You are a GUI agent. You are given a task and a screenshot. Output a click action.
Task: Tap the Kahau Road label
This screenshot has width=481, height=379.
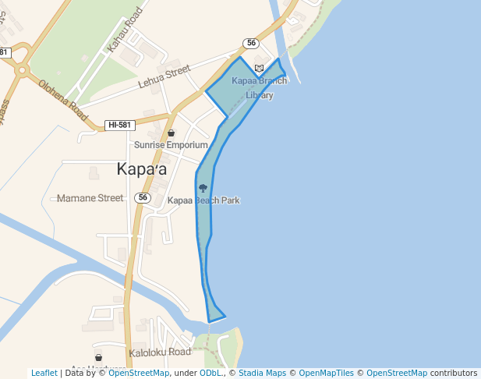[x=126, y=32]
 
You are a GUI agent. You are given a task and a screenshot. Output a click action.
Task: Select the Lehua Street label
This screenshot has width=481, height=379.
[x=164, y=76]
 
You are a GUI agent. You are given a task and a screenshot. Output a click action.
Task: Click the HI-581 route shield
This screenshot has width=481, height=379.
[x=120, y=125]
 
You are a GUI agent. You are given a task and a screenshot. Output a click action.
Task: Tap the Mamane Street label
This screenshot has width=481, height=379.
[x=90, y=198]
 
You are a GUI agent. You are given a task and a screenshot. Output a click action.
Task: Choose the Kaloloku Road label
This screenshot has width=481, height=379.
[x=160, y=352]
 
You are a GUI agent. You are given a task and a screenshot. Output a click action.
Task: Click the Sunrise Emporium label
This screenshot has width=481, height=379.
[x=171, y=145]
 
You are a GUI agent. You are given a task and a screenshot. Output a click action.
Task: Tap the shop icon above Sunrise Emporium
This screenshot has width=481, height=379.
[x=171, y=133]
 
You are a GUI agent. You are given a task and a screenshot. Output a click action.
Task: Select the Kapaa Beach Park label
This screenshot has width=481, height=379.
[x=203, y=200]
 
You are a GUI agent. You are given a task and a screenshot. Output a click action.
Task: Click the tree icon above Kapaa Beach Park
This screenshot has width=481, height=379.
[x=203, y=188]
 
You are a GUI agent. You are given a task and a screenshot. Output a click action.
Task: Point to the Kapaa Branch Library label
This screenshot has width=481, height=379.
[x=259, y=87]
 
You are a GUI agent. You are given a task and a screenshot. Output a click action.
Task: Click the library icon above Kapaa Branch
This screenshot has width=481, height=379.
[x=259, y=69]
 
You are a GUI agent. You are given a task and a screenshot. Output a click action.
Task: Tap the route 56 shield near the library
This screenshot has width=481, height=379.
[x=250, y=44]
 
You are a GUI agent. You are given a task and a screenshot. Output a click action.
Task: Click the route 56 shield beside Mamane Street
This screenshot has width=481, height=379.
[x=142, y=198]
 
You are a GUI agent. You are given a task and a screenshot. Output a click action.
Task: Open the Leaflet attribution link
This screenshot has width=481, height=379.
[x=44, y=373]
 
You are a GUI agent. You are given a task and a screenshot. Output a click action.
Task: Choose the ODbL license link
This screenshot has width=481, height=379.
[x=211, y=373]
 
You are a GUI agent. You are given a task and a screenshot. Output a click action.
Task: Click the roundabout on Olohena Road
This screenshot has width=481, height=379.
[x=22, y=69]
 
